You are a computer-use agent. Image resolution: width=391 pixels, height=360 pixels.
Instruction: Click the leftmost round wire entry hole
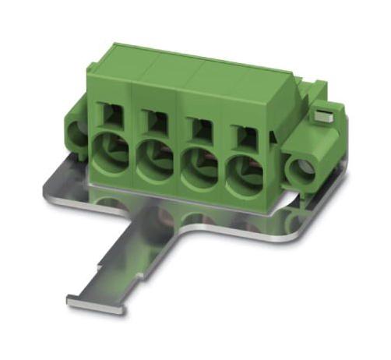109,150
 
